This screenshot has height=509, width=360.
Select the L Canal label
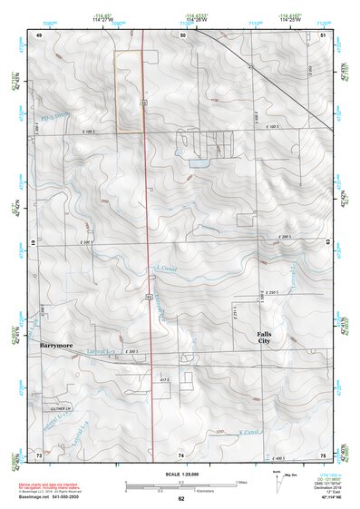(x=163, y=269)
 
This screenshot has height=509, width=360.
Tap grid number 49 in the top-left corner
(x=39, y=34)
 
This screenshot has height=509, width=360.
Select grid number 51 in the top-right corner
(x=323, y=34)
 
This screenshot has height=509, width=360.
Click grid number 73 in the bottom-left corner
(x=39, y=454)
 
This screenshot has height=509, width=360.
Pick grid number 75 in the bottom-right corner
(x=323, y=454)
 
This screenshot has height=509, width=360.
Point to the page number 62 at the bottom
(x=181, y=499)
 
